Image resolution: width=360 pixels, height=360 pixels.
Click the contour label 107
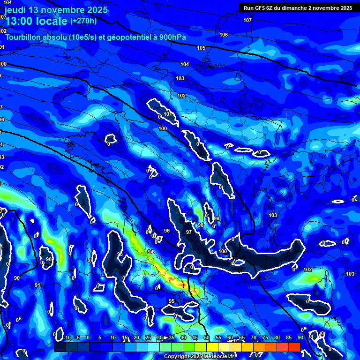247,20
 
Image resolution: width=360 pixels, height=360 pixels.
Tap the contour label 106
224,35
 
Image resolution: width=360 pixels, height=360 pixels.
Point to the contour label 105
201,48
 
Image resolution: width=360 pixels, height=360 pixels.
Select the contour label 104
185,64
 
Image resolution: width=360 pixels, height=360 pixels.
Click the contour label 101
167,114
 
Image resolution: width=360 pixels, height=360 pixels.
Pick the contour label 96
167,231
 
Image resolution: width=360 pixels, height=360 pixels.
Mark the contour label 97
188,232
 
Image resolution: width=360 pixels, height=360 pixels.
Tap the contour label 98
201,225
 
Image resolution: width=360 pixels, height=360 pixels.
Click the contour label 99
216,219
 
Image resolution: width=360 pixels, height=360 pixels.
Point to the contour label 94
150,252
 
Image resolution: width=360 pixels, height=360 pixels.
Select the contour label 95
172,301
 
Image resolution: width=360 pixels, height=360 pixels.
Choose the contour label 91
37,285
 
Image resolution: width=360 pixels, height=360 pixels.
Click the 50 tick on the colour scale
207,338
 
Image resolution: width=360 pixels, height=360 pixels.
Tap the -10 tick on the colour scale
67,338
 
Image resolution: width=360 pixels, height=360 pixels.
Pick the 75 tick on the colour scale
265,338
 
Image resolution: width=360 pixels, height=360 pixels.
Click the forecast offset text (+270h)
83,21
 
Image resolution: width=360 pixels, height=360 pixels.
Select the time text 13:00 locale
36,21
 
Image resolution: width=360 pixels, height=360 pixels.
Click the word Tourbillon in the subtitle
24,37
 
